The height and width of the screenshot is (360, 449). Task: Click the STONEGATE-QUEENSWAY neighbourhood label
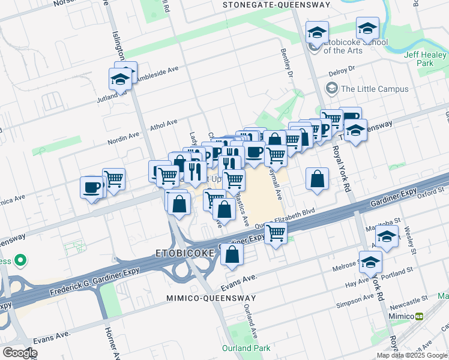point(276,5)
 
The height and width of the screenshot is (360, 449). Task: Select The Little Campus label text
point(375,89)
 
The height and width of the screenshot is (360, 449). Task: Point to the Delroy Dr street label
point(342,71)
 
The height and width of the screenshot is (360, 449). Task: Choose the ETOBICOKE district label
point(185,254)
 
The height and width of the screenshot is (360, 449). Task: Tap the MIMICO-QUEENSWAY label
point(211,298)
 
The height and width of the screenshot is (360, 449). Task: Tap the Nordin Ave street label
point(124,139)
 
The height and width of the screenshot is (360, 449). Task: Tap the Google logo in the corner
point(19,353)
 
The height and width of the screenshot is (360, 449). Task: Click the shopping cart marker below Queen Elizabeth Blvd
point(276,233)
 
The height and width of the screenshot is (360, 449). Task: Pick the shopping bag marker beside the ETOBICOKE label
point(232,254)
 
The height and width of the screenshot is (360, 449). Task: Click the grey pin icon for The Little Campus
point(331,89)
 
